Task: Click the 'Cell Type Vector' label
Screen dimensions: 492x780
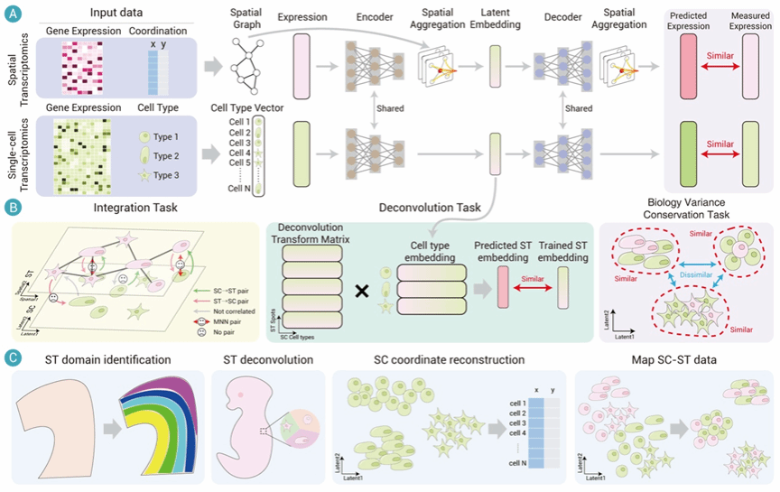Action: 246,108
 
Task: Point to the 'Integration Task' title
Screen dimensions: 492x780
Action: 133,208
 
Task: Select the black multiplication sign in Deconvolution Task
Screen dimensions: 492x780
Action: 361,292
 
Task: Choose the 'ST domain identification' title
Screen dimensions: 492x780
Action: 108,360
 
